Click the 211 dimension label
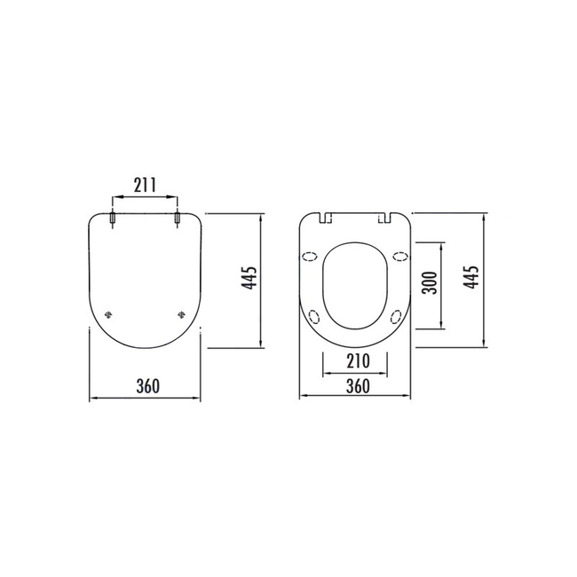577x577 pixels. [x=145, y=186]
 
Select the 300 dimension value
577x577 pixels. [x=430, y=285]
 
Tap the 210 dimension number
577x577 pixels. [x=355, y=361]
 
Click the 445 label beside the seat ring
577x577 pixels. [x=472, y=281]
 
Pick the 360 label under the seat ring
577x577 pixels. [x=356, y=386]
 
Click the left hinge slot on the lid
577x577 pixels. [x=112, y=218]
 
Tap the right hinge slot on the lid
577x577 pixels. [x=178, y=218]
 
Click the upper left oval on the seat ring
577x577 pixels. [x=311, y=257]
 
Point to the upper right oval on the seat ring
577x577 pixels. [x=400, y=257]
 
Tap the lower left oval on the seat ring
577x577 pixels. [x=313, y=315]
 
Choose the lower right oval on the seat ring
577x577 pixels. [x=397, y=315]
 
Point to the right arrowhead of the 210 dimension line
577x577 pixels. [x=385, y=373]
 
